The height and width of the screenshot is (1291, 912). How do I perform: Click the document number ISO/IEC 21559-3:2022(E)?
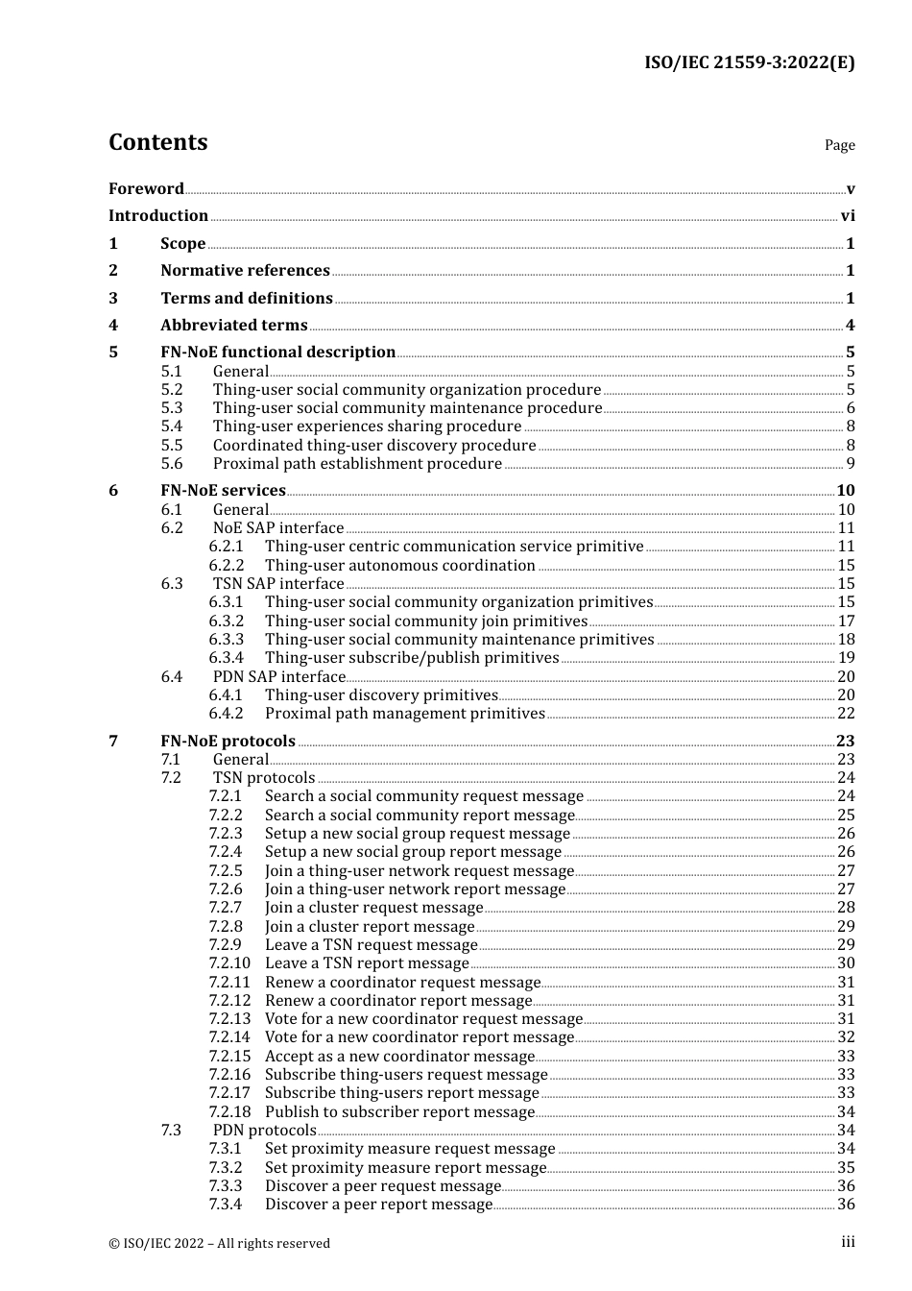pos(749,63)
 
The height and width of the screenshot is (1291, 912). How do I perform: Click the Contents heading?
pos(157,142)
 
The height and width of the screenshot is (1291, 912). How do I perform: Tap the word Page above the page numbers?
pos(839,145)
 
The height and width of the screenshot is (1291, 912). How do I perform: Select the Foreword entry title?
pos(146,188)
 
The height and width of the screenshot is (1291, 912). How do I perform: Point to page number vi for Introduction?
pos(848,216)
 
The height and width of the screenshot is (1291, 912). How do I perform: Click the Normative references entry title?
pos(245,271)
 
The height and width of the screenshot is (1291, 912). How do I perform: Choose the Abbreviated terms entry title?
pos(233,326)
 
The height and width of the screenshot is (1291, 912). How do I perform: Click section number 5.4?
pos(172,426)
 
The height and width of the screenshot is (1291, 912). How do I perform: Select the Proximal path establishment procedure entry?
pos(357,464)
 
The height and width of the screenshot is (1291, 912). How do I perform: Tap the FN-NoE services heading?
pos(223,491)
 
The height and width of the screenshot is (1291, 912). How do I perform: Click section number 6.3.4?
pos(227,658)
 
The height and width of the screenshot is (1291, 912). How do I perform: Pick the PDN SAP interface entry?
pos(278,677)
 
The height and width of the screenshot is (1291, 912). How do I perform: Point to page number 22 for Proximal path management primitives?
pos(846,714)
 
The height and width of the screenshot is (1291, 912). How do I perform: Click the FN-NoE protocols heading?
pos(228,742)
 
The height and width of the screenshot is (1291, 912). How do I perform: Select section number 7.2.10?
pos(229,963)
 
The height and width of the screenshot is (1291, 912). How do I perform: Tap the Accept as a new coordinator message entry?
pos(399,1057)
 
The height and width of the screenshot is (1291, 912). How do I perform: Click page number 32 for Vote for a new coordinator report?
pos(846,1037)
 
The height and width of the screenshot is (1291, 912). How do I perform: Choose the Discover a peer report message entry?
pos(378,1205)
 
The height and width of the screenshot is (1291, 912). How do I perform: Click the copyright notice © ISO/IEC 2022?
pos(219,1243)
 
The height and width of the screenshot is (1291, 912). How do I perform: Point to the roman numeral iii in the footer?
pos(848,1242)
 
